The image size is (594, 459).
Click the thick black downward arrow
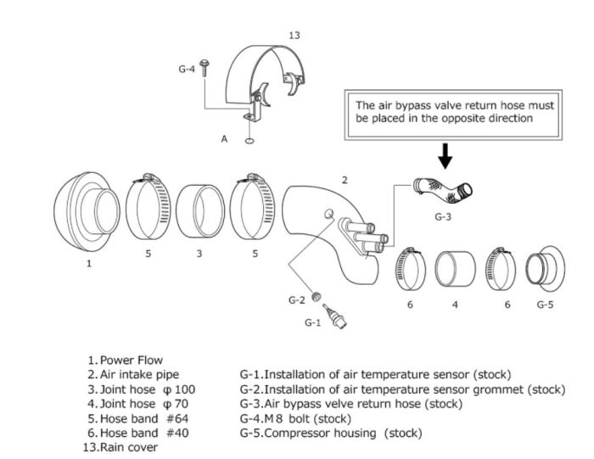click(445, 153)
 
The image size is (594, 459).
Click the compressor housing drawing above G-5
click(545, 270)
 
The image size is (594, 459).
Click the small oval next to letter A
click(249, 141)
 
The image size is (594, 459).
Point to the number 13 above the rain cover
click(294, 36)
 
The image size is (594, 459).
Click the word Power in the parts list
click(117, 359)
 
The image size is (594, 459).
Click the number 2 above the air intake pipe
click(344, 180)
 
